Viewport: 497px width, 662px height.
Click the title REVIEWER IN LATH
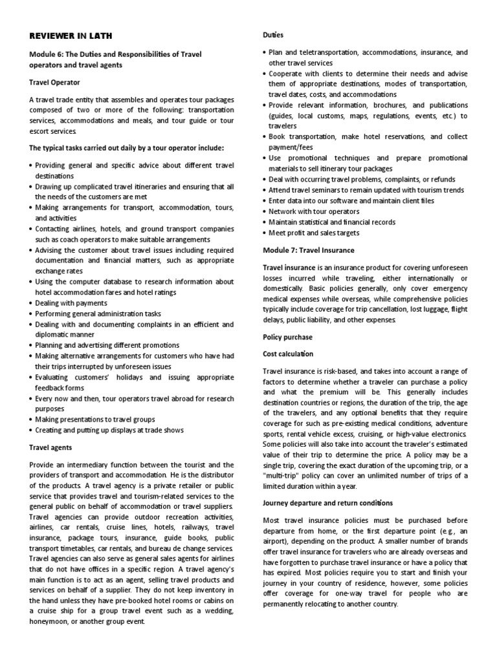point(67,35)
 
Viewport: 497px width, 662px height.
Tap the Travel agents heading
point(51,447)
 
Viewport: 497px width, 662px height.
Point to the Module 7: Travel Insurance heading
point(308,250)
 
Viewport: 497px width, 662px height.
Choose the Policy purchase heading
point(287,337)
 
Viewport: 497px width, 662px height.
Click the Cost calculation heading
point(288,354)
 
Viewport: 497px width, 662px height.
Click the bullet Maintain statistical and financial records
point(332,222)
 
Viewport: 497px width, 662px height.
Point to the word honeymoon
point(53,621)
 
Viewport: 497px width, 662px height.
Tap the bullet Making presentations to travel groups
point(100,420)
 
